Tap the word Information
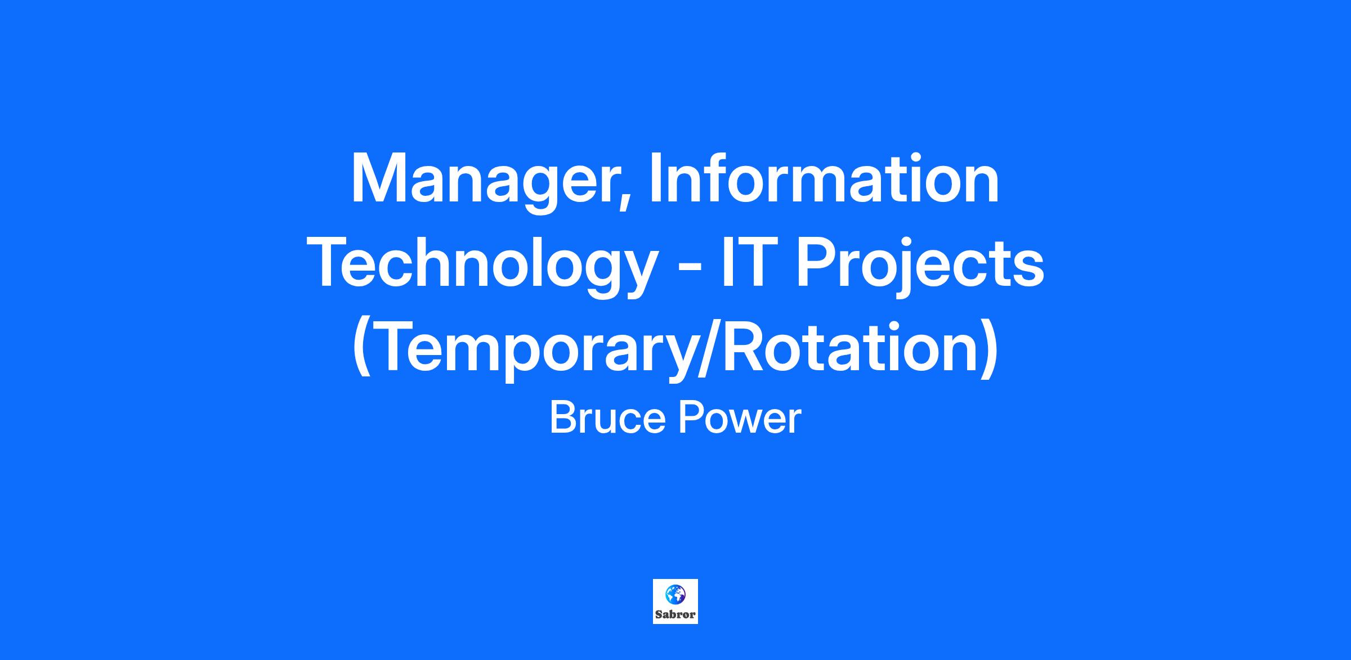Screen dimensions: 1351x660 coord(825,177)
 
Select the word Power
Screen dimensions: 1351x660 coord(739,419)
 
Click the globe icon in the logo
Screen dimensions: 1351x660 coord(675,594)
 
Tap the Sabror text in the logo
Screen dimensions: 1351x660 coord(675,614)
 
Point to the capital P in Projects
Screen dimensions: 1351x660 coord(817,262)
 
